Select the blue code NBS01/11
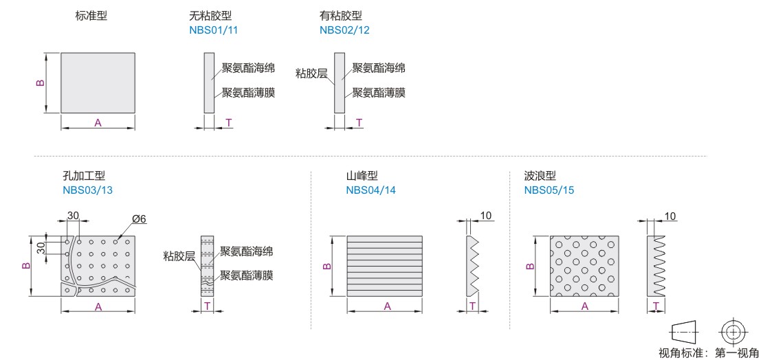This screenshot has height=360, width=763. pos(214,30)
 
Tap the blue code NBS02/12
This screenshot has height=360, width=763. pos(345,30)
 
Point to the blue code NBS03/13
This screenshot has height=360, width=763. pos(87,190)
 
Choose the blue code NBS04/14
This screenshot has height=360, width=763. pos(371,190)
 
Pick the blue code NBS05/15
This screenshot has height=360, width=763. pos(549,190)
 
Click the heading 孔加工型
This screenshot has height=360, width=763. pos(84,177)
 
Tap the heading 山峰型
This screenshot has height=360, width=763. pos(362,177)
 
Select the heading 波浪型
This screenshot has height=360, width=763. pos(540,177)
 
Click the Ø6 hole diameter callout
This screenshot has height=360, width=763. pos(140,218)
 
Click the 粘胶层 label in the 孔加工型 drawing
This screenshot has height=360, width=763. pos(179,256)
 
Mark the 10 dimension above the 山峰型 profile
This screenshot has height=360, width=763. pos(486,216)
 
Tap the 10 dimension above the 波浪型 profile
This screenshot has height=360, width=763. pos(670,216)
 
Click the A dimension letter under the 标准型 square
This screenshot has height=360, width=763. pos(98,122)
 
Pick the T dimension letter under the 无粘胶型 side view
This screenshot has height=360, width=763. pos(228,122)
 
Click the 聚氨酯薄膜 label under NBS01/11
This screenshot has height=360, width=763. pos(248,92)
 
